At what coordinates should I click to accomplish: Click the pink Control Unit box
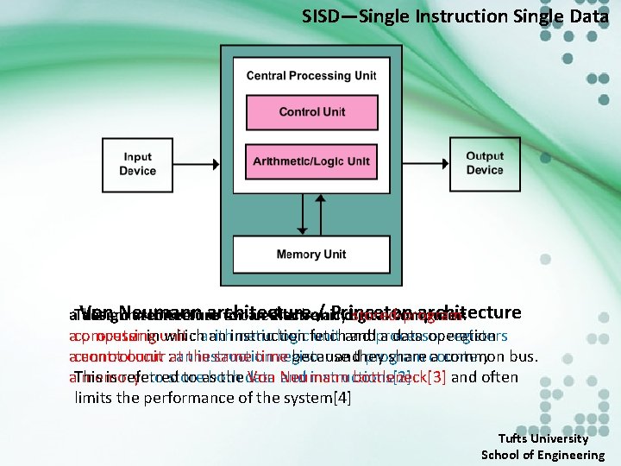(x=311, y=112)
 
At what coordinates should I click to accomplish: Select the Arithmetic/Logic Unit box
(x=311, y=161)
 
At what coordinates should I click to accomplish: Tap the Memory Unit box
(x=311, y=255)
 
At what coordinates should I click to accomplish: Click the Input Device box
(x=138, y=165)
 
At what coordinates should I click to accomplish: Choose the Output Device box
(x=484, y=165)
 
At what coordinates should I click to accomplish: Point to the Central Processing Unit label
(x=311, y=75)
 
